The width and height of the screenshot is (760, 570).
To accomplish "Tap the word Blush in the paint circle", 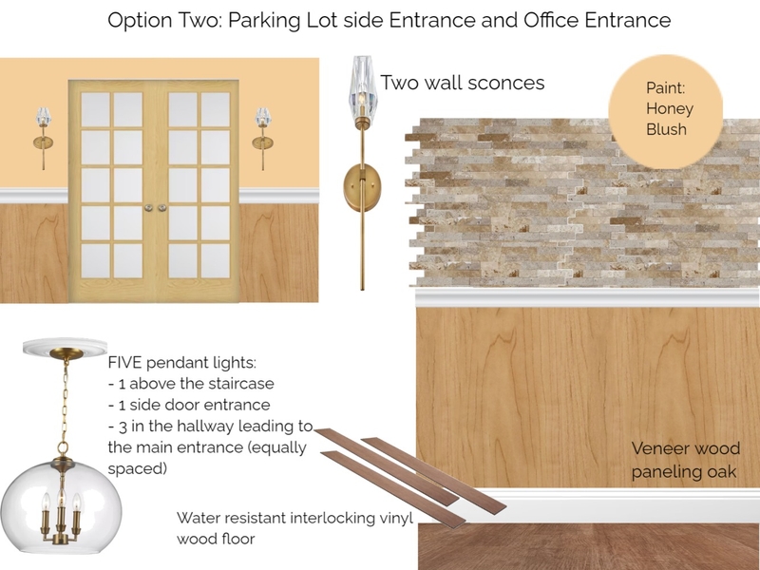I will tap(666, 129).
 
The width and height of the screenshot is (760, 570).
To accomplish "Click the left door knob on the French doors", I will tap(147, 207).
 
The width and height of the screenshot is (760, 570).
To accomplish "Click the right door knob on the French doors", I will tap(161, 207).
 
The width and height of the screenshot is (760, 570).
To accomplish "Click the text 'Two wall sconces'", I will tap(463, 83).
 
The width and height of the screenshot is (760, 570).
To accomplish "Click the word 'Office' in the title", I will tap(569, 20).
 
